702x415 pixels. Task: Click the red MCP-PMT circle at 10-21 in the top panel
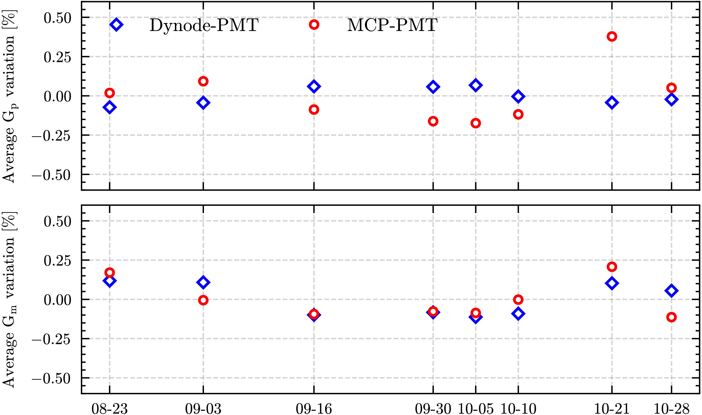point(611,36)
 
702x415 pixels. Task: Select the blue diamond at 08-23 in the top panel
point(110,107)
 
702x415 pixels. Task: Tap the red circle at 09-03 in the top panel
point(203,81)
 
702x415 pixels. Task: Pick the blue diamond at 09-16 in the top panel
point(314,86)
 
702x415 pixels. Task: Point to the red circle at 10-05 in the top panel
point(475,123)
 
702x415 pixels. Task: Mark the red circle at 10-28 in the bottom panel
point(671,317)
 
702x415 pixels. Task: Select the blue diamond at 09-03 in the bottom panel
point(203,282)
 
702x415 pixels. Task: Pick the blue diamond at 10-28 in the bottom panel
point(671,291)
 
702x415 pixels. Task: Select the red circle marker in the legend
point(314,25)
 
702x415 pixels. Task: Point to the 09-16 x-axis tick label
point(314,409)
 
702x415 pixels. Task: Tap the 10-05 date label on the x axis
point(475,409)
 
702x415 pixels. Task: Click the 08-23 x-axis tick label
point(110,409)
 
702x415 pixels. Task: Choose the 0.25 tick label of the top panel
point(57,57)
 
